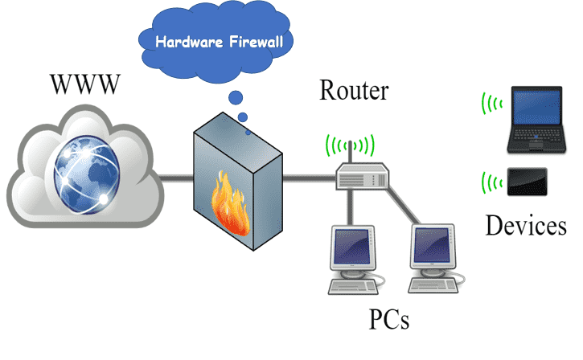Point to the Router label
click(354, 90)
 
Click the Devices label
click(525, 226)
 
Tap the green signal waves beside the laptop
click(491, 104)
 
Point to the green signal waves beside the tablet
click(491, 181)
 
